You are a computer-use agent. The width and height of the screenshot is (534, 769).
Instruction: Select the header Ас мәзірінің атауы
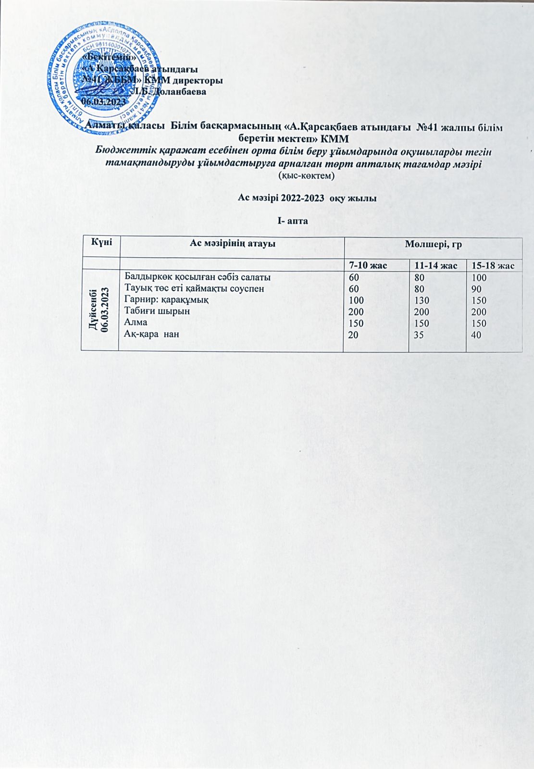tap(232, 244)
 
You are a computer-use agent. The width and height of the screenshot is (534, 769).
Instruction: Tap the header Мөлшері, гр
tap(433, 244)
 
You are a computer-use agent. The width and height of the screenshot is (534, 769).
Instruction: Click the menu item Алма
tap(136, 322)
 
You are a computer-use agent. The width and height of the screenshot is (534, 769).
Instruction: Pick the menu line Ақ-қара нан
tap(152, 334)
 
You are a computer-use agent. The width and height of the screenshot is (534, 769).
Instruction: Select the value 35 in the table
tap(418, 335)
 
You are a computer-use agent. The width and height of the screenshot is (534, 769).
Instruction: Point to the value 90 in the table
tap(476, 289)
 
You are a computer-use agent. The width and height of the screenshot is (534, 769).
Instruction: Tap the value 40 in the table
tap(476, 335)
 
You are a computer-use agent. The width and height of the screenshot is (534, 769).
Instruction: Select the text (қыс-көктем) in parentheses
tap(306, 176)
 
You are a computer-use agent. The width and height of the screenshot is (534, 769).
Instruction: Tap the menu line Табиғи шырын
tap(157, 311)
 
